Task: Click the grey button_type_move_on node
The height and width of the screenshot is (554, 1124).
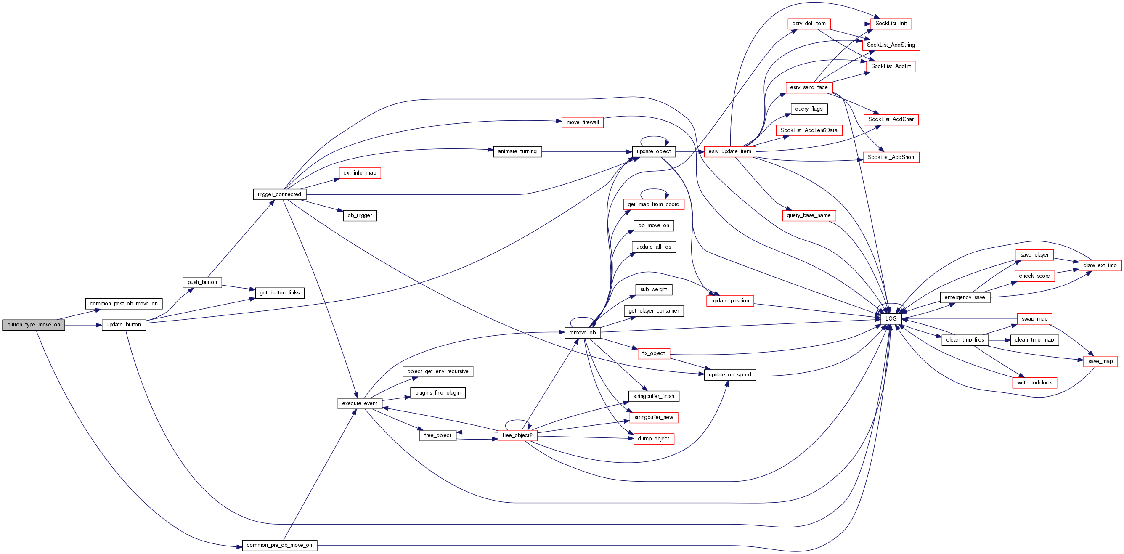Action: [34, 325]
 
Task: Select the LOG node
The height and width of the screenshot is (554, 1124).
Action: [891, 319]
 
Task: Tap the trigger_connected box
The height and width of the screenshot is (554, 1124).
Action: [279, 195]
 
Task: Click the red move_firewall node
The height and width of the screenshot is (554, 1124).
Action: [583, 122]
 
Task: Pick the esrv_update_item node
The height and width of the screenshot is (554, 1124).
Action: [729, 152]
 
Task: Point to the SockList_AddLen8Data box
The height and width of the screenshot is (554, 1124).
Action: [809, 130]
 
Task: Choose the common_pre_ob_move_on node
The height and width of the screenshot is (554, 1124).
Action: [279, 545]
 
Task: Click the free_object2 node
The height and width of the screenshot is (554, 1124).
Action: [517, 435]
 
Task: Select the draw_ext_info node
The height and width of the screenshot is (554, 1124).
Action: [1100, 265]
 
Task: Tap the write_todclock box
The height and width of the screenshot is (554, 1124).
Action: [1034, 383]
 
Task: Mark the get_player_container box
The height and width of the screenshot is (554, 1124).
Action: [654, 311]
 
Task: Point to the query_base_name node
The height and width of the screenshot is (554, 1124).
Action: [809, 215]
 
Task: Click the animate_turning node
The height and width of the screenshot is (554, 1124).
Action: [517, 152]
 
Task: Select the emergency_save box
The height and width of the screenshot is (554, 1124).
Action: [965, 297]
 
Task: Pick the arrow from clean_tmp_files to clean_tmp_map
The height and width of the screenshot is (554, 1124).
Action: [999, 340]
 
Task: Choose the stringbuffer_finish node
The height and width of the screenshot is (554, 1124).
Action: [654, 397]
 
